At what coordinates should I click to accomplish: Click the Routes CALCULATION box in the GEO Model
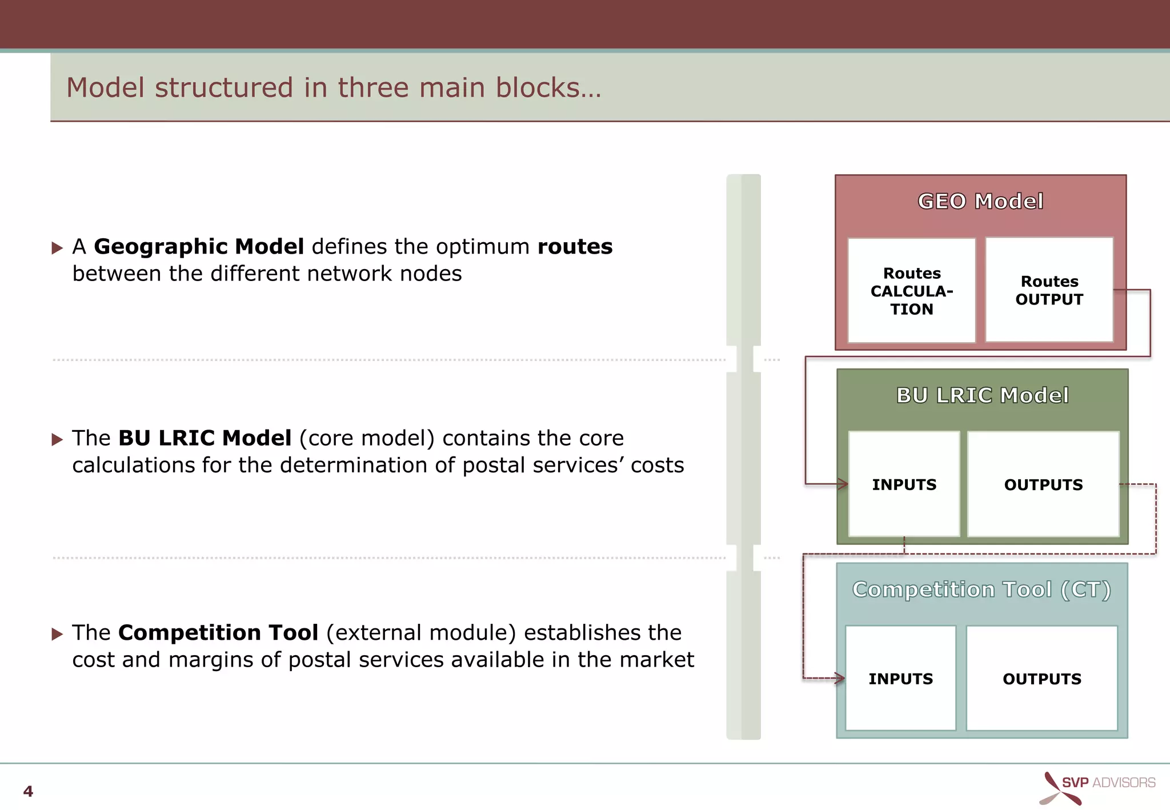(x=911, y=291)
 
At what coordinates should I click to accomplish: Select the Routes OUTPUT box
(x=1049, y=290)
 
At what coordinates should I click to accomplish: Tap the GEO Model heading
(x=980, y=202)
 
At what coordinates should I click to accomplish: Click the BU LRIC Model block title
(x=982, y=395)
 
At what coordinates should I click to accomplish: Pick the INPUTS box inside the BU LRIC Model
(x=904, y=484)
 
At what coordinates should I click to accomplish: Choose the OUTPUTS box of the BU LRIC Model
(x=1043, y=484)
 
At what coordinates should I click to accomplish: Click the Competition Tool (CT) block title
(x=981, y=590)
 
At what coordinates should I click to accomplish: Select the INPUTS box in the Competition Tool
(x=900, y=679)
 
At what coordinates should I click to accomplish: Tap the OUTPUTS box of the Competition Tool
(x=1042, y=679)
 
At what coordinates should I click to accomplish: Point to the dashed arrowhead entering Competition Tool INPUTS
(x=840, y=679)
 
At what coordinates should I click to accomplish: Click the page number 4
(x=28, y=791)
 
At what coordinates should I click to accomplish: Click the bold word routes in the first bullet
(x=575, y=247)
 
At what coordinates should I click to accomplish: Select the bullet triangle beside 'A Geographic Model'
(x=57, y=248)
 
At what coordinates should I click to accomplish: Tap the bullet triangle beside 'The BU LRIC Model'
(x=57, y=439)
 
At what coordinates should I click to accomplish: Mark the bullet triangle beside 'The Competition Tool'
(x=57, y=634)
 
